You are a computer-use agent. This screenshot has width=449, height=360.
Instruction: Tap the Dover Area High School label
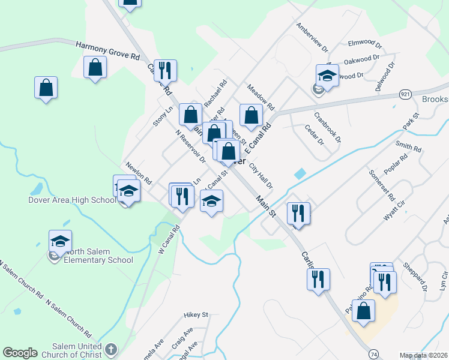[72, 200]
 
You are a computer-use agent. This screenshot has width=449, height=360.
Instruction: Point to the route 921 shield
[405, 94]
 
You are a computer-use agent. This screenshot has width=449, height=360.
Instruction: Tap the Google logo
[20, 353]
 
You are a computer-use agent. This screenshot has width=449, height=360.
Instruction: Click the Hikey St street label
[196, 314]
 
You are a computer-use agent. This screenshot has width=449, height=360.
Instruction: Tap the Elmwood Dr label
[365, 44]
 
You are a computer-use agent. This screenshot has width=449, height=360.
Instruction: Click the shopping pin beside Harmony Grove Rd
[95, 67]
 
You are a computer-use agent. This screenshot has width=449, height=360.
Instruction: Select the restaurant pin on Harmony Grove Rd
[164, 70]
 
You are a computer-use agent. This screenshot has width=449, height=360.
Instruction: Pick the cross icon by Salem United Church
[110, 349]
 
